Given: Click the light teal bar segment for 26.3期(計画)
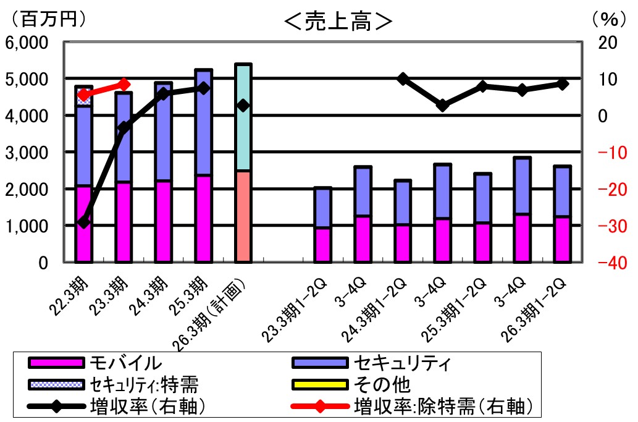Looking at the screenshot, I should (x=243, y=117).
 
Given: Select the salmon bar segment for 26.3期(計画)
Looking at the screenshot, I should (x=243, y=216).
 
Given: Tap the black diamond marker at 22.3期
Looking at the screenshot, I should (x=83, y=221).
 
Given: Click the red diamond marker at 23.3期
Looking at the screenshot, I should (x=124, y=84).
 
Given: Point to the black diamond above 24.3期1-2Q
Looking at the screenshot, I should (x=403, y=78).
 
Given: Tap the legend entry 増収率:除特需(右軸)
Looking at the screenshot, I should (x=442, y=406).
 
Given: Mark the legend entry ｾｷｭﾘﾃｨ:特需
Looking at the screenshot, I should (x=143, y=384).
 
